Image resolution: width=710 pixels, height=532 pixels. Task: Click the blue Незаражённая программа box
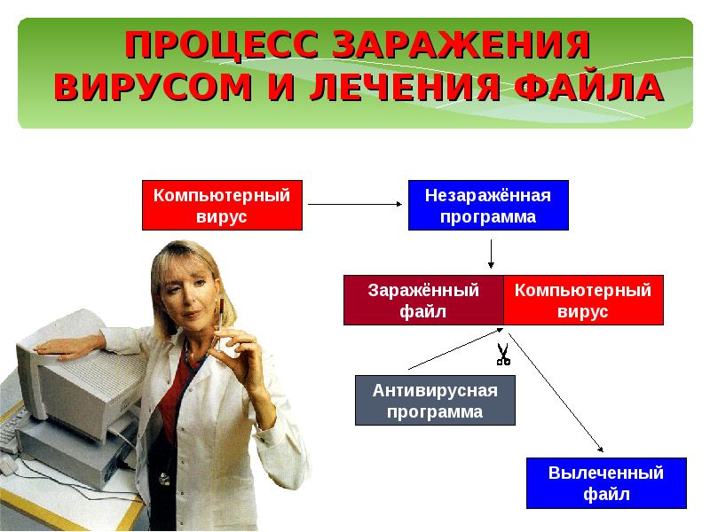pyautogui.click(x=487, y=206)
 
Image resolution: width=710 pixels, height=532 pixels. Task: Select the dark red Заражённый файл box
pyautogui.click(x=423, y=301)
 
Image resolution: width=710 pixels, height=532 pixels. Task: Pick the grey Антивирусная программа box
pyautogui.click(x=434, y=401)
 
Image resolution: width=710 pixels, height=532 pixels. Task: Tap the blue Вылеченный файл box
pyautogui.click(x=606, y=483)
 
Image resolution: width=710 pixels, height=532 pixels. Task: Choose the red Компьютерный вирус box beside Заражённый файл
pyautogui.click(x=583, y=301)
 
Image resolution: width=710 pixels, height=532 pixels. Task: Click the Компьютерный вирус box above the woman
pyautogui.click(x=222, y=206)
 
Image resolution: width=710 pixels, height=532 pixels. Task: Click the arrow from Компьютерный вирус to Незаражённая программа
pyautogui.click(x=354, y=205)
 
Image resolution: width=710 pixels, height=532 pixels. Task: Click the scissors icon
pyautogui.click(x=502, y=354)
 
